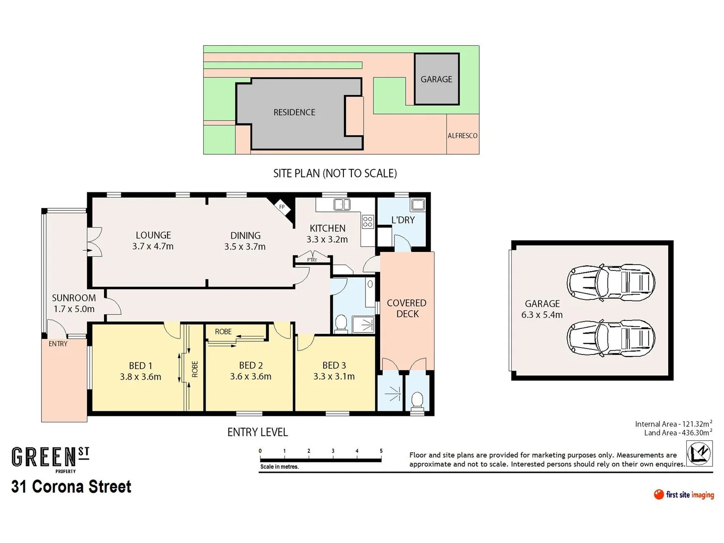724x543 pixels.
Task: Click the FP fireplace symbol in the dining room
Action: (282, 207)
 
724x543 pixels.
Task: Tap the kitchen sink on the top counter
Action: (342, 204)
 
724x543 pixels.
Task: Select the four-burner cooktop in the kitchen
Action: (368, 221)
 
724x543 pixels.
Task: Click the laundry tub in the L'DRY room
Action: (418, 205)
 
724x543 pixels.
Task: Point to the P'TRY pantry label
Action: (312, 260)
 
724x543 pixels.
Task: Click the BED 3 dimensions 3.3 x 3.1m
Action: (334, 377)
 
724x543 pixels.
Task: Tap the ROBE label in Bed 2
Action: (223, 332)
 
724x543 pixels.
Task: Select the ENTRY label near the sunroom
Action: (58, 344)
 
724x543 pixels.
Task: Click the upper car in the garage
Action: (611, 282)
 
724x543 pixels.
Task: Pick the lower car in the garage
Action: (611, 337)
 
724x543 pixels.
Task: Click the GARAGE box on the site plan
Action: (436, 79)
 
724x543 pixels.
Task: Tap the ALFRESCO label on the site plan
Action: (463, 136)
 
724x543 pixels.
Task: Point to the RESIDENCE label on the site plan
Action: (294, 113)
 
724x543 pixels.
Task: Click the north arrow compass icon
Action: (699, 452)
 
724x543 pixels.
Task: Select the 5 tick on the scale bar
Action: (381, 451)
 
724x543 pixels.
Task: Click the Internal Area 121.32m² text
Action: (673, 424)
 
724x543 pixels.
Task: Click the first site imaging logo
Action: (684, 495)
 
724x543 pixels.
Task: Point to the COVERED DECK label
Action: (407, 309)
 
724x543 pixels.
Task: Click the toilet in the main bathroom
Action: (341, 323)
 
